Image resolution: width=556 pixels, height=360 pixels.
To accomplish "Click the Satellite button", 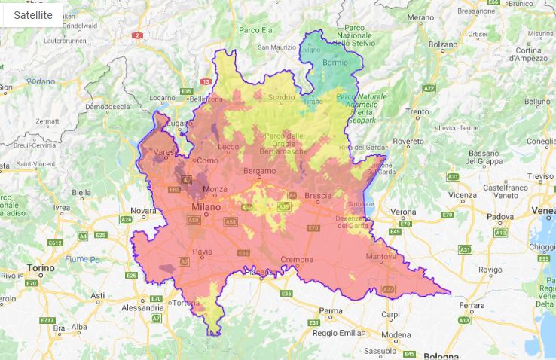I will [x=33, y=14].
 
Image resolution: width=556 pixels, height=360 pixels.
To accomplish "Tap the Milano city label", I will [x=206, y=206].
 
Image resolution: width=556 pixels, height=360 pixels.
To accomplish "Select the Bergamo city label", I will [x=259, y=171].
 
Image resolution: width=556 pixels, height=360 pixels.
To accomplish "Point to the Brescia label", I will [x=317, y=196].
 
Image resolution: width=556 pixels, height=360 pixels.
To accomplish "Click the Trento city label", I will [x=417, y=112].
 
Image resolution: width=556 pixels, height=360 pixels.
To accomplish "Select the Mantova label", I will [x=377, y=257].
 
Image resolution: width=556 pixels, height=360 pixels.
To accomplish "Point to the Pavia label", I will [x=203, y=252].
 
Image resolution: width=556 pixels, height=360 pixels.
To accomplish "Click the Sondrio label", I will [x=281, y=97].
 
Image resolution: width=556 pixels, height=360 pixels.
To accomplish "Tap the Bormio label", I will [x=335, y=63].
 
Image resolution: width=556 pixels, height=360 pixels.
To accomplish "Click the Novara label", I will [x=143, y=212].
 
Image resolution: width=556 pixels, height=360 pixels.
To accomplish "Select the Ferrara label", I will [x=472, y=305].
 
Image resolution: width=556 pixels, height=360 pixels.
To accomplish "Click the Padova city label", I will [x=499, y=217].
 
